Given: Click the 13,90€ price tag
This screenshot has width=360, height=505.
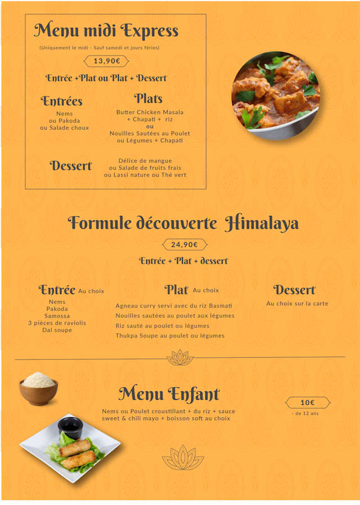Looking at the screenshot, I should pyautogui.click(x=106, y=61).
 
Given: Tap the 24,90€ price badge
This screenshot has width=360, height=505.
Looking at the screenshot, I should pyautogui.click(x=184, y=245).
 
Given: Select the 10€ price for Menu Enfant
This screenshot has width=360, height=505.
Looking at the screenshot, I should pyautogui.click(x=307, y=403).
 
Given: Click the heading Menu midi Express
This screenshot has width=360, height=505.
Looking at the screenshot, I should pyautogui.click(x=106, y=31).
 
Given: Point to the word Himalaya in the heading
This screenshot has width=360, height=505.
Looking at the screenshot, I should pyautogui.click(x=262, y=224).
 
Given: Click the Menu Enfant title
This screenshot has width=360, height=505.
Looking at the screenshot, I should pyautogui.click(x=169, y=394).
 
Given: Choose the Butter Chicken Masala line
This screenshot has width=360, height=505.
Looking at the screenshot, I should pyautogui.click(x=150, y=112).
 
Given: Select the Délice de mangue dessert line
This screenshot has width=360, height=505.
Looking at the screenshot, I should pyautogui.click(x=145, y=161).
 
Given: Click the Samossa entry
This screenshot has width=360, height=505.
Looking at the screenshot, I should pyautogui.click(x=57, y=316).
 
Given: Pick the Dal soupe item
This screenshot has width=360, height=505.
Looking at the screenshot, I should pyautogui.click(x=57, y=330).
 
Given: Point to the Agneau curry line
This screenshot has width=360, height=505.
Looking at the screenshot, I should pyautogui.click(x=174, y=306).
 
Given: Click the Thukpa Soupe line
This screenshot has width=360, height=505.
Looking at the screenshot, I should pyautogui.click(x=170, y=336).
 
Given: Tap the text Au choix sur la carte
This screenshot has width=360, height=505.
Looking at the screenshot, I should pyautogui.click(x=297, y=304).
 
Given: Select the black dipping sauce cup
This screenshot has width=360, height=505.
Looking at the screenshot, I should pyautogui.click(x=71, y=427).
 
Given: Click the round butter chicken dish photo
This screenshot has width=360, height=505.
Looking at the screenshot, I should pyautogui.click(x=276, y=96).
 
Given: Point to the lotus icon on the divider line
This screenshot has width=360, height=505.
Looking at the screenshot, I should pyautogui.click(x=180, y=357).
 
